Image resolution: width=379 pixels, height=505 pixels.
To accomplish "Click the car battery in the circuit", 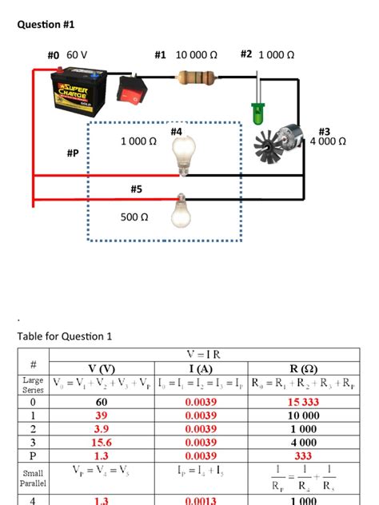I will point(79,89).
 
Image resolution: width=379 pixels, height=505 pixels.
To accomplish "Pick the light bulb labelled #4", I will point(186,153).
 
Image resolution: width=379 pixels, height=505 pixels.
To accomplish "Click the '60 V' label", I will point(77,54).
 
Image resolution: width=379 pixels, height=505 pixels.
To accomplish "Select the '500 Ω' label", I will point(134,217).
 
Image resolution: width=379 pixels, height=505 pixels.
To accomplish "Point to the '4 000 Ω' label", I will point(328,141).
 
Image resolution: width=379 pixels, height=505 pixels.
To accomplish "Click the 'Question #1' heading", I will point(46,25).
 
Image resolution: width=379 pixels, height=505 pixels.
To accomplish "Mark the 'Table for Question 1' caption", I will point(65,336).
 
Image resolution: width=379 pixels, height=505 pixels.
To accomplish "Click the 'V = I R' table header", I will point(204,354).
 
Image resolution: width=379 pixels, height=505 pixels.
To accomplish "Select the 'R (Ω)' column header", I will point(304,368).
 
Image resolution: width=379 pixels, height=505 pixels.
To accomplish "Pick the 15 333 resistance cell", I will point(304,402).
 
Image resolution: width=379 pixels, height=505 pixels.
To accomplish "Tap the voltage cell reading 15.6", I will point(102,441).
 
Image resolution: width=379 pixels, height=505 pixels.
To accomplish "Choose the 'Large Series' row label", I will point(33,386).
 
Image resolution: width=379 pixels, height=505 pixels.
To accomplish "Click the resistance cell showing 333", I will point(304,455).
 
